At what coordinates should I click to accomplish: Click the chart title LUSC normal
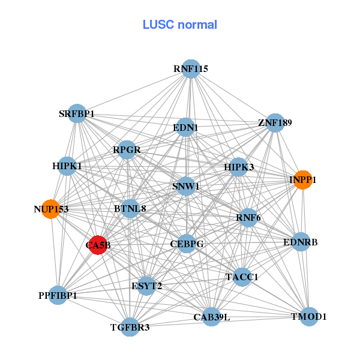[x=179, y=25]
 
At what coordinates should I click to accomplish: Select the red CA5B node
[x=98, y=245]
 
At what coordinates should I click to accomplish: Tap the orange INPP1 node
[x=303, y=179]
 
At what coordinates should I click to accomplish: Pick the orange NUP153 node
[x=51, y=209]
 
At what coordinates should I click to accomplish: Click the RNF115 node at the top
[x=191, y=69]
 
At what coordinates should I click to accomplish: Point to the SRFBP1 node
[x=77, y=113]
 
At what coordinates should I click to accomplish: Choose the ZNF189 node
[x=275, y=123]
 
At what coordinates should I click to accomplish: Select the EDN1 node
[x=185, y=127]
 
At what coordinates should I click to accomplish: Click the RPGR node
[x=127, y=150]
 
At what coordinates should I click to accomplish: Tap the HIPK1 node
[x=67, y=166]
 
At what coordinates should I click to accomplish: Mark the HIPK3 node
[x=239, y=167]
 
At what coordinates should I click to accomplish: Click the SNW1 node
[x=186, y=187]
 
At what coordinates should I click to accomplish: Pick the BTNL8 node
[x=130, y=209]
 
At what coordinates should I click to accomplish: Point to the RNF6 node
[x=248, y=217]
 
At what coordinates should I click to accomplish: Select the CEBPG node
[x=187, y=244]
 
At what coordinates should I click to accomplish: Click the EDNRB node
[x=300, y=242]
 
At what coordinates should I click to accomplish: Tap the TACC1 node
[x=242, y=277]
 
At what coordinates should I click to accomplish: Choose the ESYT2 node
[x=146, y=286]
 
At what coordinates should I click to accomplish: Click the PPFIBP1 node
[x=58, y=295]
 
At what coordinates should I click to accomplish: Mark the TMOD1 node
[x=308, y=316]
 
